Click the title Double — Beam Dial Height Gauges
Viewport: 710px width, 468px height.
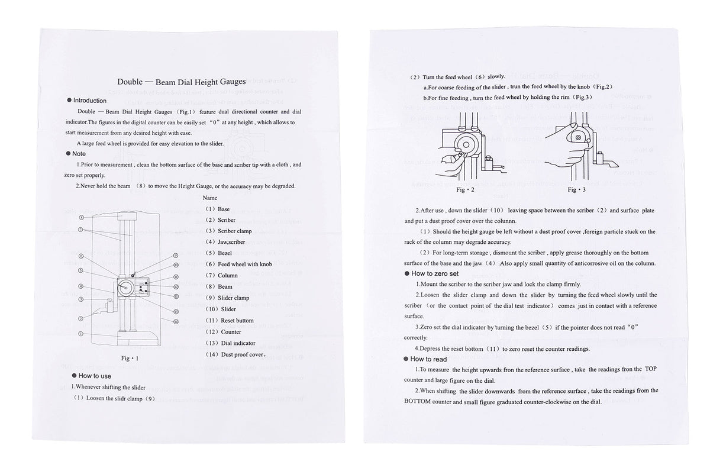[x=181, y=82]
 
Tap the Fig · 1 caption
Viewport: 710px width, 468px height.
[x=130, y=359]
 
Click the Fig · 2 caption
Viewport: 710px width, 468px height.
[x=465, y=190]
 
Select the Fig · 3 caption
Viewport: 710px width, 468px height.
[x=576, y=190]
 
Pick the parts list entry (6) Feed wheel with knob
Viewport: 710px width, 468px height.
[x=238, y=264]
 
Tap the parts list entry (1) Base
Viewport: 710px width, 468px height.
[x=218, y=209]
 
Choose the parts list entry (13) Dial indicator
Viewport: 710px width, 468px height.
[x=230, y=343]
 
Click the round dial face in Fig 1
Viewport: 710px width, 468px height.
[x=124, y=288]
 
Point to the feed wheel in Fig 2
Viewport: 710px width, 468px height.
[x=466, y=145]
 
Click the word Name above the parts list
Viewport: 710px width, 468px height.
[x=210, y=198]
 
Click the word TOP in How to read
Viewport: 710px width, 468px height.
[x=650, y=369]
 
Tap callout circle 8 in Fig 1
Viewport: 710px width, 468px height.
[x=82, y=217]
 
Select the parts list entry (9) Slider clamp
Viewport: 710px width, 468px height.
[x=227, y=298]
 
